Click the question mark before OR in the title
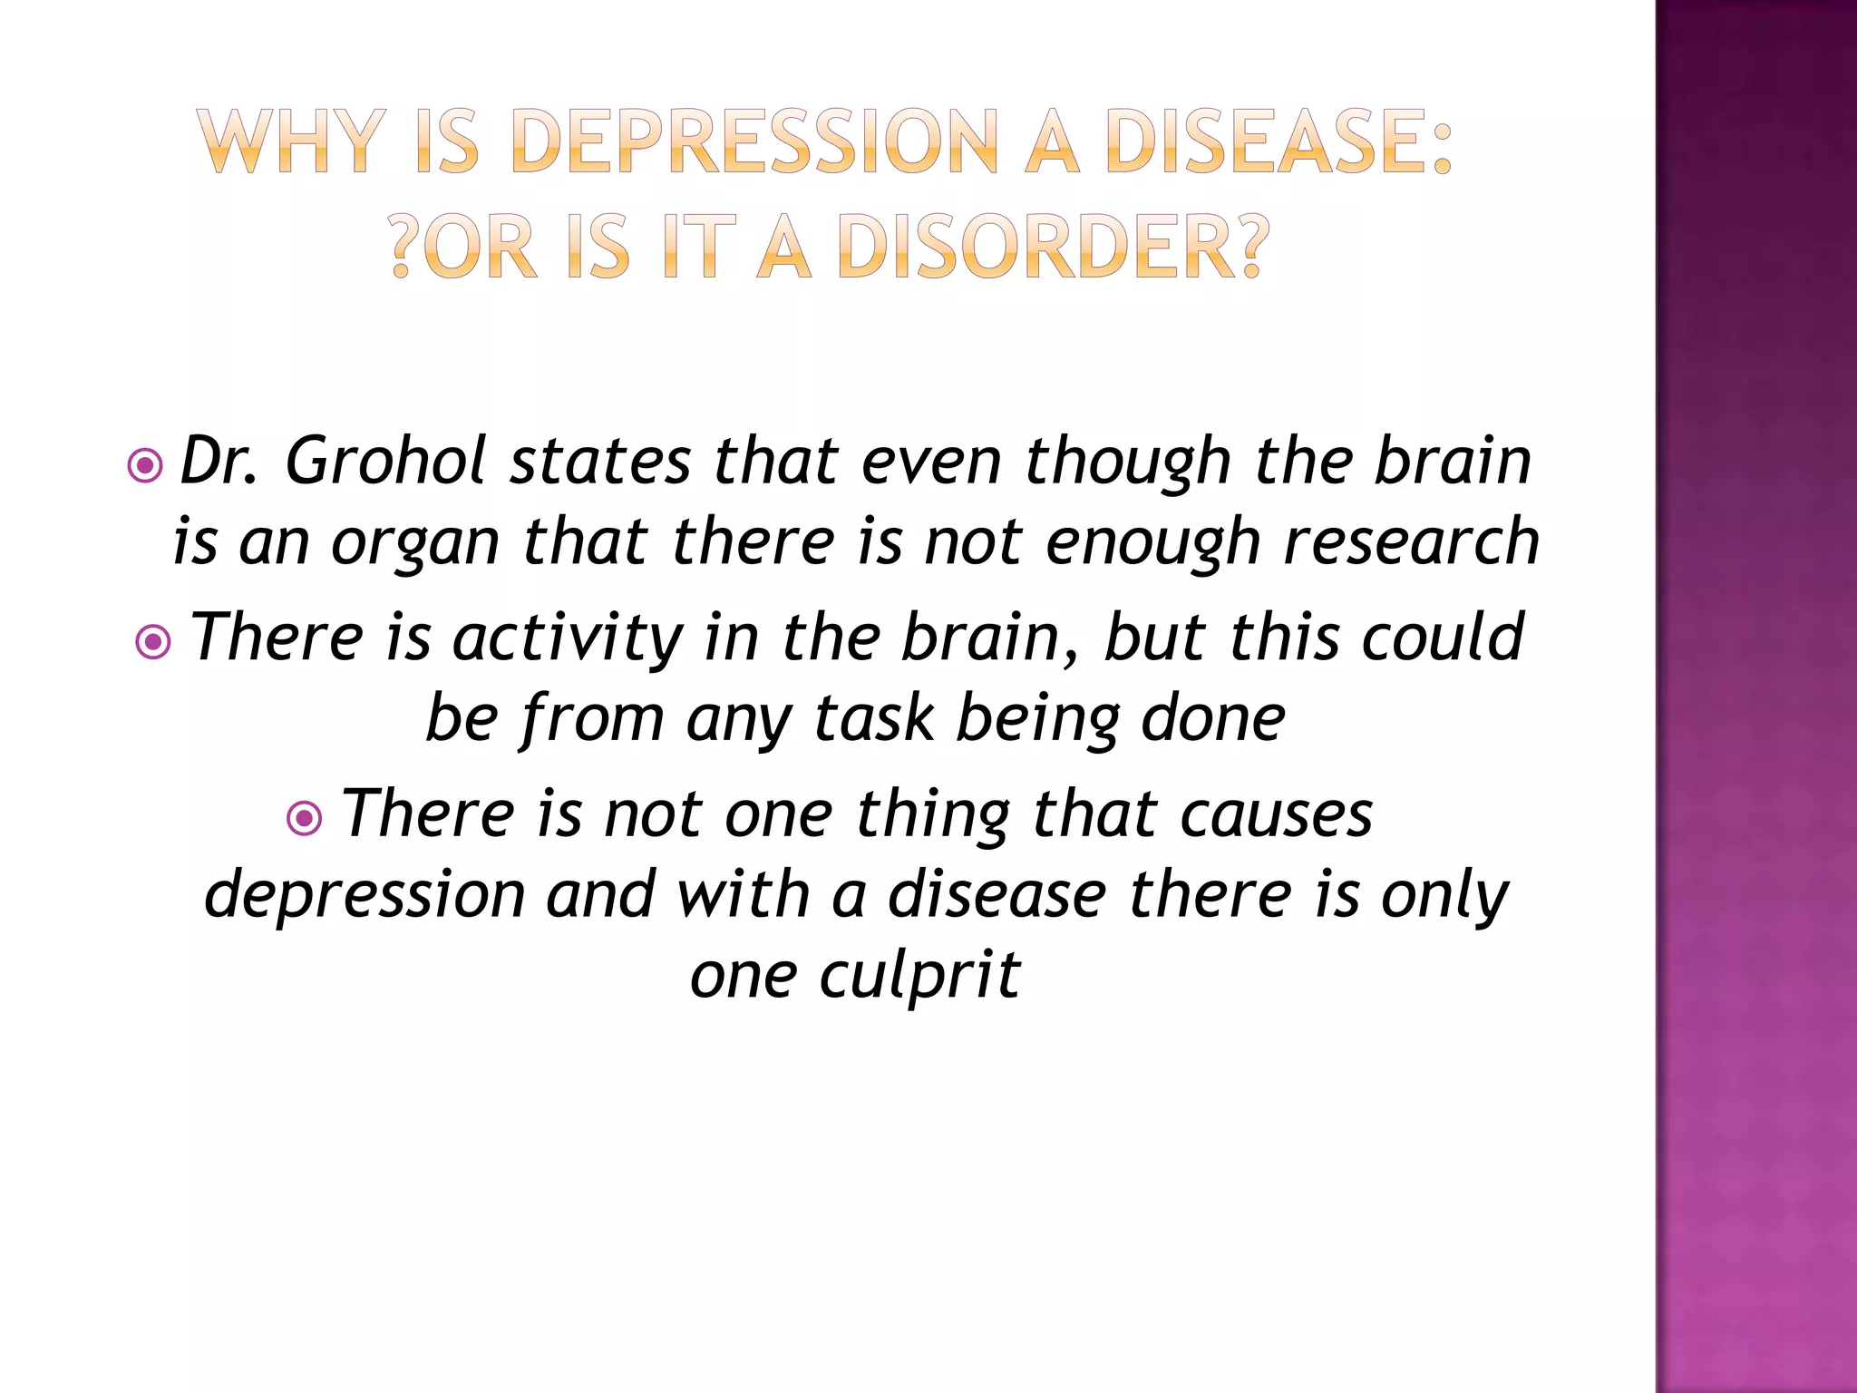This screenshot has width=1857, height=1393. click(404, 247)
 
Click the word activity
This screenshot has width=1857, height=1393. click(568, 637)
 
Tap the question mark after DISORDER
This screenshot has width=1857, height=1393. click(1252, 247)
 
